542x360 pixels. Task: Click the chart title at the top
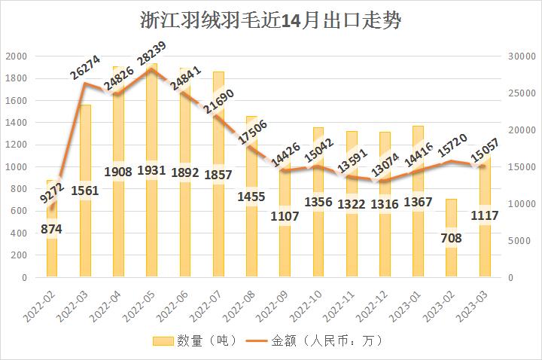pos(271,20)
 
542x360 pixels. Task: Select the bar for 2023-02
pos(451,256)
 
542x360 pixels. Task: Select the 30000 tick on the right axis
pos(521,56)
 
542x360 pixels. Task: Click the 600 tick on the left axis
pos(19,211)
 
